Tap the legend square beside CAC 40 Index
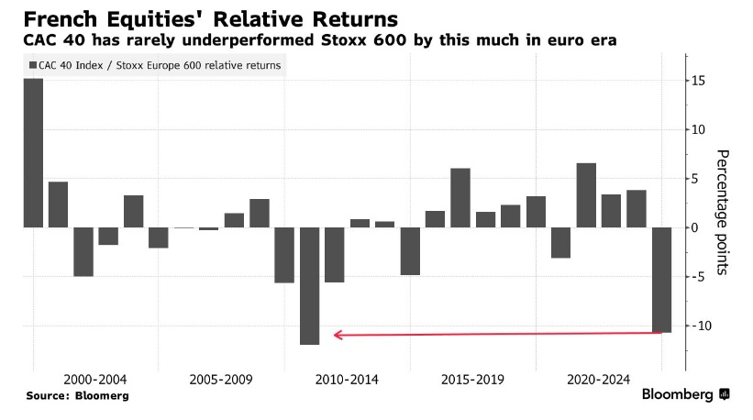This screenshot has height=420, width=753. coord(33,65)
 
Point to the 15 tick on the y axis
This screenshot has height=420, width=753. coord(699,81)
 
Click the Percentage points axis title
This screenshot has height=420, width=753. coord(723,212)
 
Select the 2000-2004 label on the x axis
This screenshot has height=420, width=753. coord(95,379)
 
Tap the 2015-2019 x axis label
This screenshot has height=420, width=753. coord(472,379)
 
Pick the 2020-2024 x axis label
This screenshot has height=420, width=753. coord(598,379)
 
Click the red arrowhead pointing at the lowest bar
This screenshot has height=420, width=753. coord(338,335)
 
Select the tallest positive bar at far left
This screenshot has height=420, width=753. coord(33,152)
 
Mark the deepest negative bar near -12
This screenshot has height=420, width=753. coord(310,285)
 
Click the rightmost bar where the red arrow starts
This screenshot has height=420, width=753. coord(661,279)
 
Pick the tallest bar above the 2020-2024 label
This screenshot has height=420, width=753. coord(586,194)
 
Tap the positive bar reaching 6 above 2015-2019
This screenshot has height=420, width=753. coord(460,197)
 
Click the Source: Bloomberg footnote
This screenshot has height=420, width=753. coord(77,395)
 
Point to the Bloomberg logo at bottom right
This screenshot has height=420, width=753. coord(685,394)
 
